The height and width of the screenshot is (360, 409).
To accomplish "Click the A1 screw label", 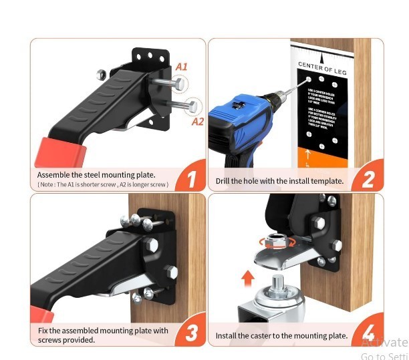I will [181, 67].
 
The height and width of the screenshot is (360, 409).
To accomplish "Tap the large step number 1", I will [191, 178].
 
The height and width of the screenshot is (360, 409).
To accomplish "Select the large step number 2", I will [368, 178].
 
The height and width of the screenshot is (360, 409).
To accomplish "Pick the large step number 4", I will [368, 333].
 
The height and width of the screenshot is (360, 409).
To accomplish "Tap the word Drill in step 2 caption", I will [224, 181].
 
